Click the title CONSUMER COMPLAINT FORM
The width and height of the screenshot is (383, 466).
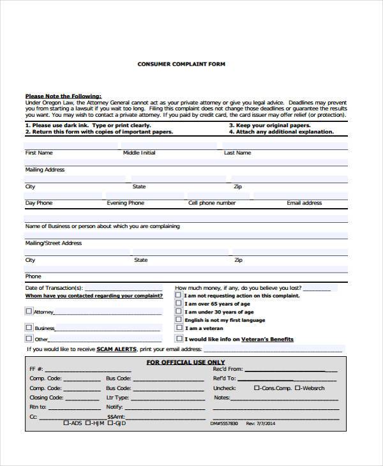[181, 64]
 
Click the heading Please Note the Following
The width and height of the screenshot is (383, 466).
[63, 96]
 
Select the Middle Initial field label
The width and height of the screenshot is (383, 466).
[139, 153]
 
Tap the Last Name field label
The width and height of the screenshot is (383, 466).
[237, 153]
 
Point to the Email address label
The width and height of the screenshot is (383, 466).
[304, 203]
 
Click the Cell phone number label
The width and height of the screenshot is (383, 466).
[212, 203]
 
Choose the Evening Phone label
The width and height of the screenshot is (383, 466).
[126, 203]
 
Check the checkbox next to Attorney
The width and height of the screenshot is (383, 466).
[29, 311]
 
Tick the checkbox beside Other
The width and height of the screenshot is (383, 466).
[29, 338]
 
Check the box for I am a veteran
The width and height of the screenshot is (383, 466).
[179, 327]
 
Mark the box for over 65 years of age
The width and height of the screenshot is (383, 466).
[179, 304]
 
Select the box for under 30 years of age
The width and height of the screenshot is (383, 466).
[179, 312]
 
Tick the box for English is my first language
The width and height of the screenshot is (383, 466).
[179, 320]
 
